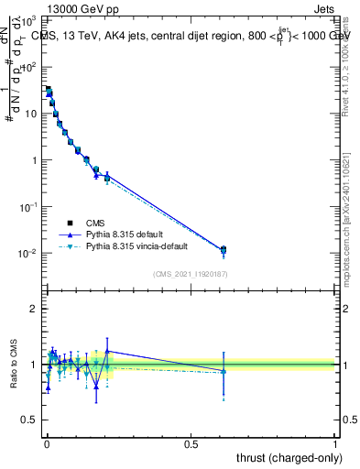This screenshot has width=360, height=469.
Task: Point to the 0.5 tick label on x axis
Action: [191, 444]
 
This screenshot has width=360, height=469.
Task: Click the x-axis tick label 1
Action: [335, 444]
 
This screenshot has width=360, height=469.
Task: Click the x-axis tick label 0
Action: [47, 444]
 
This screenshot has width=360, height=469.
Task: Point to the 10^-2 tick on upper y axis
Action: [29, 253]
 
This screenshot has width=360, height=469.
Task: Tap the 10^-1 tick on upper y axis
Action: [29, 207]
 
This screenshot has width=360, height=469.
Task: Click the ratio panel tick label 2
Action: [35, 309]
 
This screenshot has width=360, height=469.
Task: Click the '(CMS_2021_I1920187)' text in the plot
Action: [191, 275]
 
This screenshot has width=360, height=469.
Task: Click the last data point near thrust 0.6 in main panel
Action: [224, 249]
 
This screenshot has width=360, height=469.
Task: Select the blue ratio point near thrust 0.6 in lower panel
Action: [224, 371]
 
